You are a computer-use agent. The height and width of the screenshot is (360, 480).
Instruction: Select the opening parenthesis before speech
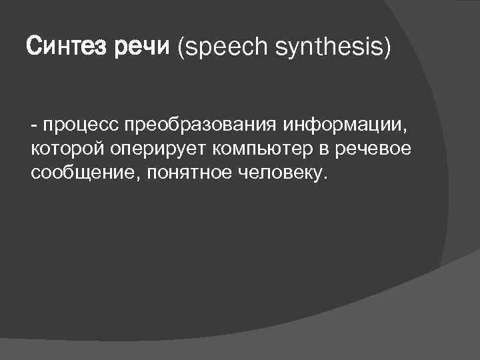click(x=180, y=49)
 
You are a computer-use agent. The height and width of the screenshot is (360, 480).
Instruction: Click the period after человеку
click(x=326, y=178)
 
